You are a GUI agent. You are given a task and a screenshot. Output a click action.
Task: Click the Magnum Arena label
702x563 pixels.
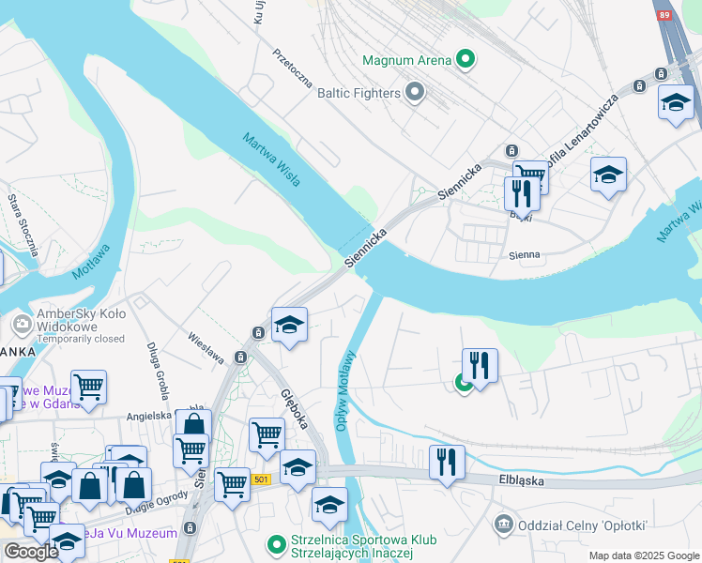[407, 61]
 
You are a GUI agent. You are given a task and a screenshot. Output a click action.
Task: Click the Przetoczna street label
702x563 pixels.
[293, 68]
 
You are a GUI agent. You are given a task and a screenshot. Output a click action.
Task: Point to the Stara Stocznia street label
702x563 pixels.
[22, 225]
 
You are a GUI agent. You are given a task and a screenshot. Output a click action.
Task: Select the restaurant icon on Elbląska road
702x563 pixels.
[447, 461]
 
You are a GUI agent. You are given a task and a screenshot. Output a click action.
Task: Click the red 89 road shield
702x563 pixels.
[664, 16]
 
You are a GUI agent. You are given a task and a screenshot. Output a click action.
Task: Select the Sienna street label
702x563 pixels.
[525, 254]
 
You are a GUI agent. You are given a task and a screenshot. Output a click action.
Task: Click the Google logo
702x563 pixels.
[31, 552]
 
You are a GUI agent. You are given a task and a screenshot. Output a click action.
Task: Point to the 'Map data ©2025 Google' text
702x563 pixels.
[644, 555]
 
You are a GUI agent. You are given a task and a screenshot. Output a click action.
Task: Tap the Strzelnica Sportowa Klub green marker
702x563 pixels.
[276, 543]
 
